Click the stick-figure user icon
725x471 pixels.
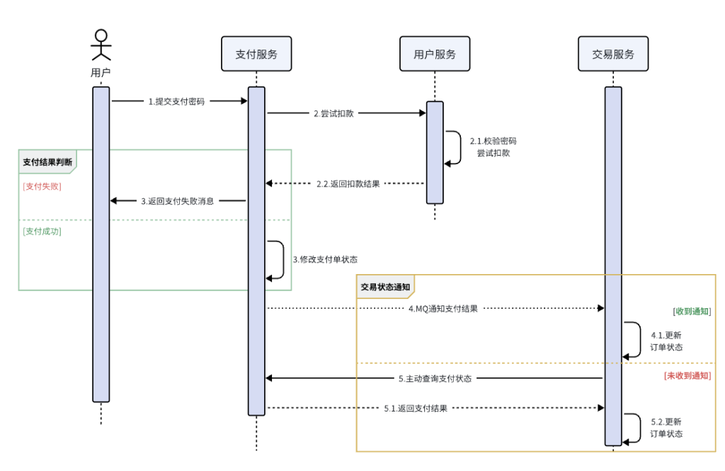point(101,45)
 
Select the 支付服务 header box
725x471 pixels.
point(256,54)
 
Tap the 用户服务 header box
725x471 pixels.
point(435,54)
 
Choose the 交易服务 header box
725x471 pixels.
point(613,54)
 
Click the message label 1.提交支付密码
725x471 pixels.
point(176,101)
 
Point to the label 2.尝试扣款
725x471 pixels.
point(333,113)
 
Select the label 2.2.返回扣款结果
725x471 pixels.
point(348,184)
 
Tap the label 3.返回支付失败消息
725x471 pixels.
point(177,201)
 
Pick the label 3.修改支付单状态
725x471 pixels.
point(325,259)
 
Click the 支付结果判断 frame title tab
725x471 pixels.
point(47,161)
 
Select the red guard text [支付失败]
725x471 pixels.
point(42,186)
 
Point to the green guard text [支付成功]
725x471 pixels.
point(42,231)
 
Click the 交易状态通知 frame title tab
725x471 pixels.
point(384,287)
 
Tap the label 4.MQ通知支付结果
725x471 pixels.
point(443,309)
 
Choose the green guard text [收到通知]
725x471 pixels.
point(692,311)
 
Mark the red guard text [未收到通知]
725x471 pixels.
point(687,375)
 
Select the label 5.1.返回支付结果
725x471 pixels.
point(415,408)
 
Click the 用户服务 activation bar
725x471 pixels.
point(435,152)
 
